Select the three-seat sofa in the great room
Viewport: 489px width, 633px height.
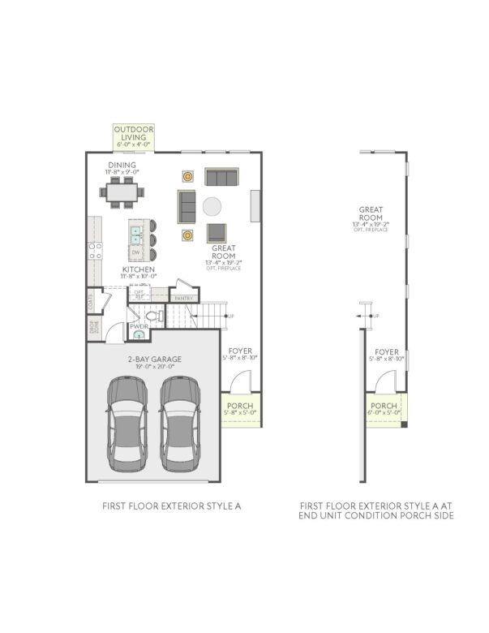click(x=221, y=178)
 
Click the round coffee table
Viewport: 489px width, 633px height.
click(x=213, y=205)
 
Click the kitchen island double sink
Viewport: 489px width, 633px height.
click(x=136, y=236)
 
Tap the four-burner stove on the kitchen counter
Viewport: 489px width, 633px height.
click(x=94, y=250)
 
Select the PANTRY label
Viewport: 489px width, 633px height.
click(x=183, y=299)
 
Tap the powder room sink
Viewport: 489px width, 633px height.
click(x=139, y=334)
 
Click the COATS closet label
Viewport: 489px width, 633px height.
click(x=91, y=302)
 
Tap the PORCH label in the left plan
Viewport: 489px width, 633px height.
click(x=239, y=408)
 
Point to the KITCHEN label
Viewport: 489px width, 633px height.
click(x=139, y=269)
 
